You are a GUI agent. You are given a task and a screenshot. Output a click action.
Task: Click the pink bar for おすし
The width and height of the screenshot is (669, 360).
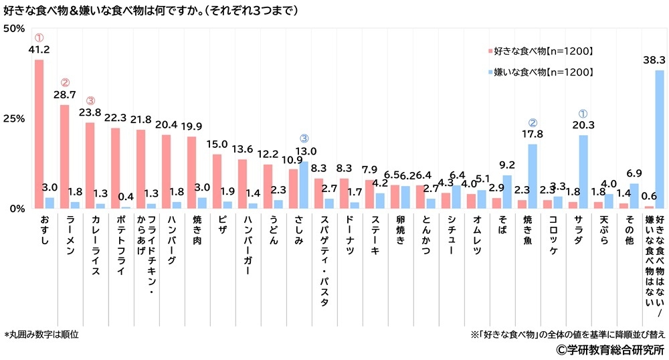click(x=39, y=134)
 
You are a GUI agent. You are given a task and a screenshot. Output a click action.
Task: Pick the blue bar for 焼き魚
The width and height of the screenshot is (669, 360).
click(x=533, y=176)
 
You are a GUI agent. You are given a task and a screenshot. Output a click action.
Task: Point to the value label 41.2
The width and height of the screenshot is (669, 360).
click(x=39, y=50)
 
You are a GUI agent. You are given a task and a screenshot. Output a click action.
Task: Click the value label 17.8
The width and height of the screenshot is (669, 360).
click(x=533, y=134)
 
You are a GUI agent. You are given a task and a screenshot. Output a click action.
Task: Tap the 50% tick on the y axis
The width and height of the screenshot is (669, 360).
click(x=14, y=28)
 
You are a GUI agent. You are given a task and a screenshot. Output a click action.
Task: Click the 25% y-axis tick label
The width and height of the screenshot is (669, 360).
click(x=14, y=118)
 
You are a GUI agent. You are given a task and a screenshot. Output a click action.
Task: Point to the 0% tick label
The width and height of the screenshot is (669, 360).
click(x=17, y=208)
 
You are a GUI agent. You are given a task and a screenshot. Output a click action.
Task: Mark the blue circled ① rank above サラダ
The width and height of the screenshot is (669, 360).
click(x=583, y=114)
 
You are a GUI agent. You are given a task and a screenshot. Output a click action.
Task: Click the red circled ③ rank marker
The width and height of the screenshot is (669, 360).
click(x=90, y=101)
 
